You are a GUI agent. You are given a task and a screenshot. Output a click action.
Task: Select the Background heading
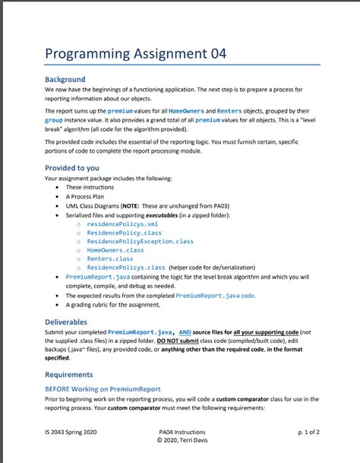click(65, 79)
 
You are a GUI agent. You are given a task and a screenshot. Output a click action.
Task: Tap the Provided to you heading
click(71, 168)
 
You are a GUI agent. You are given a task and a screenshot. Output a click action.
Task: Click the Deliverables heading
click(66, 322)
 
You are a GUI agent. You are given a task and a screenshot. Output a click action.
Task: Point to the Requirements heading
click(70, 375)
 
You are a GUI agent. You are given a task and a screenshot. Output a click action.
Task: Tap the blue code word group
click(53, 120)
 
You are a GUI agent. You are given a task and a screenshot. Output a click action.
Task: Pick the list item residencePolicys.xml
click(122, 225)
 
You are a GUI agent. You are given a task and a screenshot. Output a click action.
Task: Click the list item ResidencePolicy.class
click(125, 233)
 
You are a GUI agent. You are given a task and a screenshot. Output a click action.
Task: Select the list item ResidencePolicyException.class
click(141, 242)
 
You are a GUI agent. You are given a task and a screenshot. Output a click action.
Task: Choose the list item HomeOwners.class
click(115, 250)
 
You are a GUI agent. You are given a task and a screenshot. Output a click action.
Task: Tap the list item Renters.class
click(111, 258)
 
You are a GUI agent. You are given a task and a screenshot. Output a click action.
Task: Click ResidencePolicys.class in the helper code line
click(126, 268)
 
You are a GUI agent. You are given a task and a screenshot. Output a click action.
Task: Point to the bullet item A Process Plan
click(89, 195)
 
